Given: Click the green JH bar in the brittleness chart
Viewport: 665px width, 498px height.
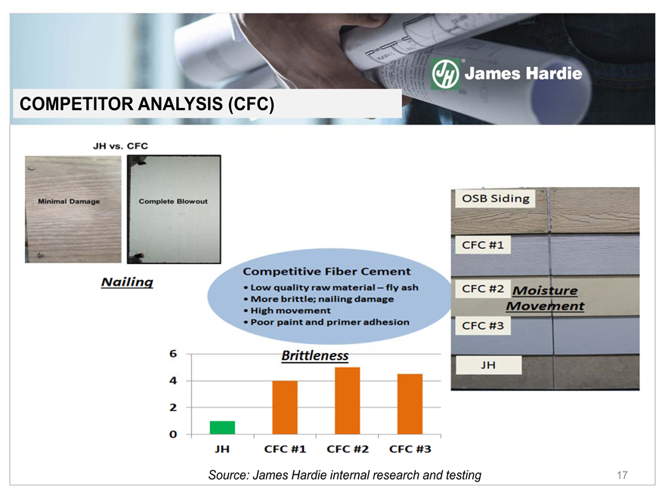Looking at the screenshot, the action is (x=222, y=427).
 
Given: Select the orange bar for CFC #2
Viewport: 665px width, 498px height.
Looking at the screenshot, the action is (x=348, y=401).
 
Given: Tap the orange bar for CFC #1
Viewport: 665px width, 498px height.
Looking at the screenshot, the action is (x=285, y=407).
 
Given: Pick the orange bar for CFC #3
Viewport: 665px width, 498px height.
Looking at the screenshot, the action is (x=410, y=404).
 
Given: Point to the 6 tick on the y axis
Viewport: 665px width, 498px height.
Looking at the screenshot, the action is (x=173, y=354).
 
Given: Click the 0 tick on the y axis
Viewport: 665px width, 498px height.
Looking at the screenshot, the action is (x=173, y=434).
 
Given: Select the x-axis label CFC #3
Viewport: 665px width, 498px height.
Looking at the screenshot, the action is (x=410, y=449).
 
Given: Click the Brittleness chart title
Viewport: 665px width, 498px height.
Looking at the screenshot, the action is (x=315, y=355).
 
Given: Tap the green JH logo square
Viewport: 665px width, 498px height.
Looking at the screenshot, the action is (x=445, y=74).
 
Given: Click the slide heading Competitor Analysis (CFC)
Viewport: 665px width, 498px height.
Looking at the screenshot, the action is (x=147, y=104).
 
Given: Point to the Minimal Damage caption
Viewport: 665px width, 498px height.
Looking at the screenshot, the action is (x=69, y=201).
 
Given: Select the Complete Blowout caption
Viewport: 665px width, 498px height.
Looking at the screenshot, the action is (x=173, y=201).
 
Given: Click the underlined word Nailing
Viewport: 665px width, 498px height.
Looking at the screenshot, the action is (x=127, y=282).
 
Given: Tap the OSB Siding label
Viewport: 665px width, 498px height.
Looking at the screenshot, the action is (x=496, y=198).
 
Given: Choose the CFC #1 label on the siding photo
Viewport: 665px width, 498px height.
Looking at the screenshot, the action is (x=483, y=245).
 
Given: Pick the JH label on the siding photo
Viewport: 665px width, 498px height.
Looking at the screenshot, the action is (x=489, y=365).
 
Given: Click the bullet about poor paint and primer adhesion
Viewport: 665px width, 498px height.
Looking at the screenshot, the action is (x=326, y=322).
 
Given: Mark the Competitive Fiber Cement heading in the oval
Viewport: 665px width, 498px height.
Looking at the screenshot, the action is (x=326, y=272).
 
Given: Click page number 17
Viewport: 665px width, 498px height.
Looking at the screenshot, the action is (x=622, y=475).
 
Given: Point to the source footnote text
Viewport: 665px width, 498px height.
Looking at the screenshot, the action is (x=345, y=475).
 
